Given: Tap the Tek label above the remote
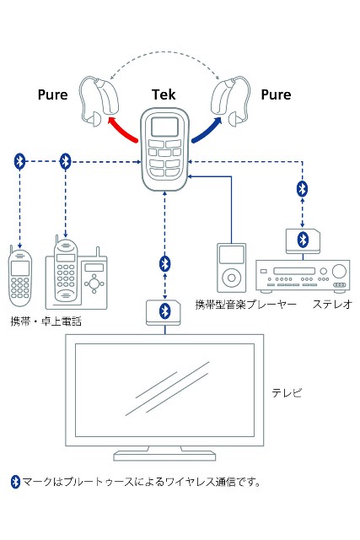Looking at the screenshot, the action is pos(164,94).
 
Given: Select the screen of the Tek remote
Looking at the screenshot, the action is pos(165,127).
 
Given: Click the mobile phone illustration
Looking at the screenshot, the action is pos(20,277).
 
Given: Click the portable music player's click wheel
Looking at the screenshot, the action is pos(231,278).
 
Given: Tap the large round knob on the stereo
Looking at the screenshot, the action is pos(339,272).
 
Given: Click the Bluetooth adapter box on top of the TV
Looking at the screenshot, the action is pos(164,312).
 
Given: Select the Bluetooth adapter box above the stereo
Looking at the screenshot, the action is pos(303,241).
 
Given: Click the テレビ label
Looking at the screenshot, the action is pos(287,392).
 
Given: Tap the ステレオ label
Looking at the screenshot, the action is pos(332,304).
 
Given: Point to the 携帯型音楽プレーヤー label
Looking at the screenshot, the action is pos(245,305).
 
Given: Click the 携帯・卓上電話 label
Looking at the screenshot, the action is pos(46,321).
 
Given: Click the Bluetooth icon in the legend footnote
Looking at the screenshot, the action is pos(15,482).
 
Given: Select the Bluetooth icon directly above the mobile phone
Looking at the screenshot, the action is pos(19,161).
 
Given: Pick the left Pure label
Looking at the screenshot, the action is pos(52,94).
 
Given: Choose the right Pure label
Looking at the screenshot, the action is pos(276,94).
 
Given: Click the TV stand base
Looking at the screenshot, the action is pos(164,456).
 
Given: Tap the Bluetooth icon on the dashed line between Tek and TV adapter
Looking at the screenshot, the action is pos(165,264).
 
